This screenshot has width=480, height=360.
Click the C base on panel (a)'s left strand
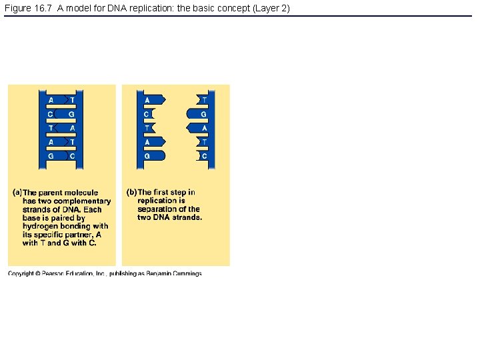coord(51,114)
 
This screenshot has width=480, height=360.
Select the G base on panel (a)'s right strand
coord(72,114)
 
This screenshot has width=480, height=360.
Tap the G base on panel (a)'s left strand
coord(51,156)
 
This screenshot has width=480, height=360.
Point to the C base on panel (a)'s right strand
coord(72,156)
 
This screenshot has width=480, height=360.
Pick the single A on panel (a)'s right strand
coord(72,128)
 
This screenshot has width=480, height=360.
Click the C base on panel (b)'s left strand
coord(147,114)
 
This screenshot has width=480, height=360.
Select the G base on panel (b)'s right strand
coord(204,114)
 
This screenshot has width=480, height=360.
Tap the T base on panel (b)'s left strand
coord(147,128)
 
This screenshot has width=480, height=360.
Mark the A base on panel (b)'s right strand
coord(204,128)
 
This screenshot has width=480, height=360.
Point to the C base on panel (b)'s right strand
coord(204,156)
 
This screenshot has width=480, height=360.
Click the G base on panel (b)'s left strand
coord(147,156)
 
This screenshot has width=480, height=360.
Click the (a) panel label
coord(18,193)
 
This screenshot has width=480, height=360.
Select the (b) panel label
coord(131,193)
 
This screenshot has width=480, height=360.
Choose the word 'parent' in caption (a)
coord(53,193)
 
